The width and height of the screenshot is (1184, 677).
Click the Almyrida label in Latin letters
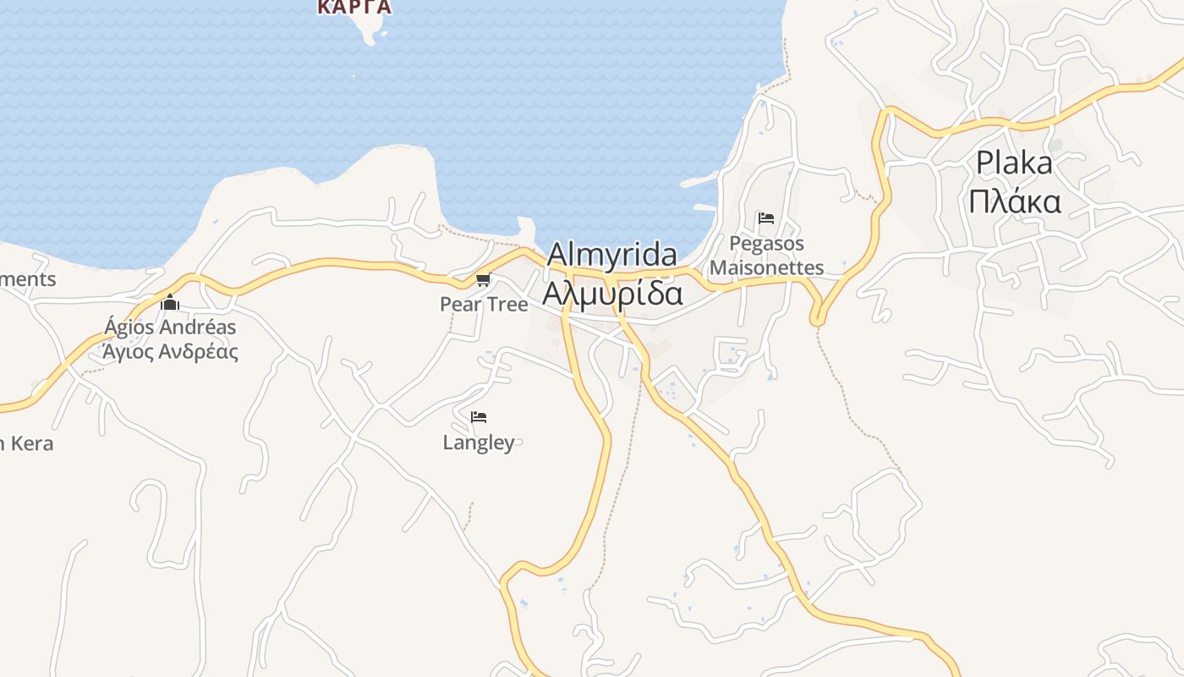[x=612, y=255]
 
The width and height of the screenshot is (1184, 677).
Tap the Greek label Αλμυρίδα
[x=612, y=293]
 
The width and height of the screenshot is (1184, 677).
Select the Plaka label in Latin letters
[x=1014, y=162]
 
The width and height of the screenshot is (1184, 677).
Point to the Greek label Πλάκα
[x=1014, y=201]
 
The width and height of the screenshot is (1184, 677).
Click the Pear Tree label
[x=484, y=304]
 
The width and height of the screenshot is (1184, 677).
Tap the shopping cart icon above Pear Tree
[x=483, y=280]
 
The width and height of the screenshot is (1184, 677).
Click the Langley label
[x=479, y=442]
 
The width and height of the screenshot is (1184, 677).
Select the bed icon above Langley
[x=479, y=417]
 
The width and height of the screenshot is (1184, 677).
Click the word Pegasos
[x=766, y=244]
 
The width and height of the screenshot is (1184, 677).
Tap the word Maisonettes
[x=766, y=267]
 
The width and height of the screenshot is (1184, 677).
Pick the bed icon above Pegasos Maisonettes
[x=766, y=218]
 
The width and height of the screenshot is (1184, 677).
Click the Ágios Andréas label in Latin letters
[x=170, y=327]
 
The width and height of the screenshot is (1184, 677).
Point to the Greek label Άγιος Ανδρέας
[x=170, y=351]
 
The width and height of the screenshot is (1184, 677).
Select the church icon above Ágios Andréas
[x=170, y=302]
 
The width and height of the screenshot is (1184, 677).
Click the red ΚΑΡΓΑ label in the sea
[x=354, y=7]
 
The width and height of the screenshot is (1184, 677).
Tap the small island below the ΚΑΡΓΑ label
[x=369, y=30]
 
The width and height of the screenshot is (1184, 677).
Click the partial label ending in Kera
[x=27, y=443]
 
